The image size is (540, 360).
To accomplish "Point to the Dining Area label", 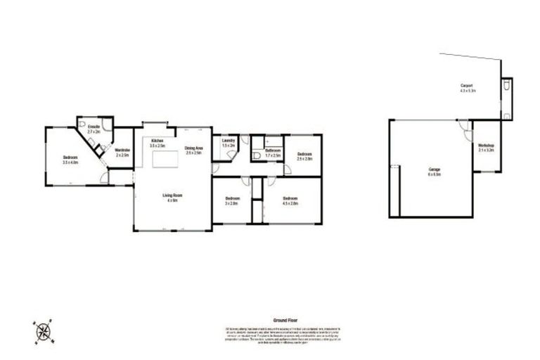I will (194, 148).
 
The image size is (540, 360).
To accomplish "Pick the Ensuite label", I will (94, 129).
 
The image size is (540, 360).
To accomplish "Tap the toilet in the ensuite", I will (101, 148).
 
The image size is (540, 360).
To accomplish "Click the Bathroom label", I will (273, 152).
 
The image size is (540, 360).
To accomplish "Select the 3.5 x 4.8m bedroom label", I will (70, 160).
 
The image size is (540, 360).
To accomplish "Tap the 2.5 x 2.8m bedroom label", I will (304, 156).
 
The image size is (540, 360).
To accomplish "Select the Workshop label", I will (486, 148).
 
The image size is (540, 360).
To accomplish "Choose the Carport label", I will (468, 88).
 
